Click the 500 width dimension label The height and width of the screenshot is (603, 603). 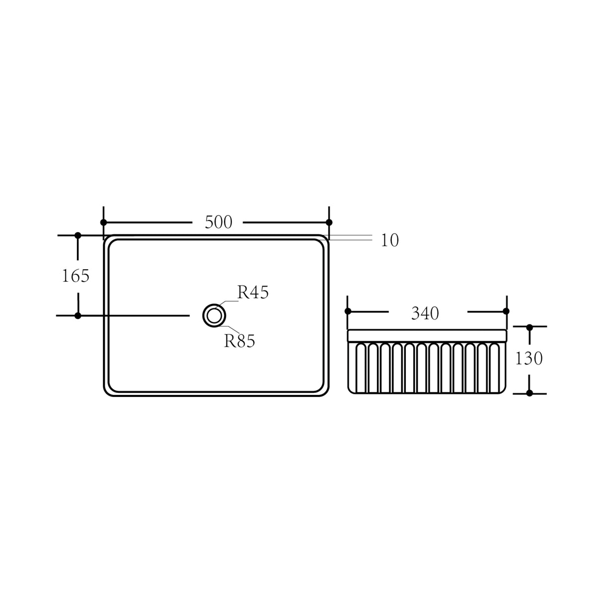tap(219, 223)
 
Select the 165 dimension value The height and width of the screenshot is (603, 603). tap(75, 276)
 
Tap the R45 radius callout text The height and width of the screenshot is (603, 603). tap(253, 293)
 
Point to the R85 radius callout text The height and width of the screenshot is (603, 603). tap(239, 341)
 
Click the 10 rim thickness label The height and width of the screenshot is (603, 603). tap(390, 240)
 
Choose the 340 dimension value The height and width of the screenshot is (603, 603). tap(425, 313)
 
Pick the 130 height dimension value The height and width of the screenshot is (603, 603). tap(528, 358)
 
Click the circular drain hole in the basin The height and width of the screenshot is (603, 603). tap(215, 315)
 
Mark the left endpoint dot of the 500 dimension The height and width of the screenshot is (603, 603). tap(103, 222)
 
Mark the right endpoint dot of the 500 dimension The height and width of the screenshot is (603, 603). tap(329, 222)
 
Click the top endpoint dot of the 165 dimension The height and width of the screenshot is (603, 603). tap(77, 235)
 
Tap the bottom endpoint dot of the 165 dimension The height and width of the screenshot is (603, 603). tap(77, 315)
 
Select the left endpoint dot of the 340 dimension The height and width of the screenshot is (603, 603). tap(348, 311)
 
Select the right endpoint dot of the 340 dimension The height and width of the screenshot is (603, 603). tap(506, 311)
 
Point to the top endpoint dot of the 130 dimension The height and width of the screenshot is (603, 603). tap(529, 327)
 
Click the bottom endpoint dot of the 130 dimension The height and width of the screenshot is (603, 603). tap(529, 393)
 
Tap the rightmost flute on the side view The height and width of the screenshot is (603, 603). tap(494, 368)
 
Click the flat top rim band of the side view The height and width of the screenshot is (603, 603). tap(427, 336)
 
